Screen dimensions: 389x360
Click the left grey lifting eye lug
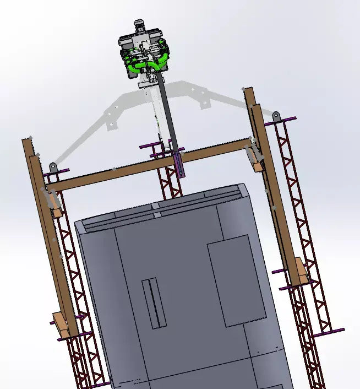[53, 166]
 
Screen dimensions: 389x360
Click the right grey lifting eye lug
[276, 116]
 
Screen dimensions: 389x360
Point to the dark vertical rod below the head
[168, 116]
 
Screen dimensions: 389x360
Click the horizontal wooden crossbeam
[143, 165]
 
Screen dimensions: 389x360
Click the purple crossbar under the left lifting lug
[57, 171]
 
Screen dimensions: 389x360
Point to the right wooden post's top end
[249, 94]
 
